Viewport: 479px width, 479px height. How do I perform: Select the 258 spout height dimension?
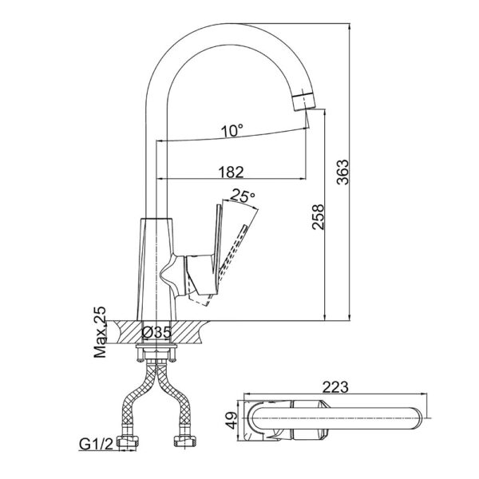click(317, 216)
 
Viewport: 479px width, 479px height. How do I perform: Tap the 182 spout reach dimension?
click(229, 171)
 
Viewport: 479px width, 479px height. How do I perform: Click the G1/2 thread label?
click(96, 443)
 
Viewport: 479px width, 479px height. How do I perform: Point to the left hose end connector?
click(127, 442)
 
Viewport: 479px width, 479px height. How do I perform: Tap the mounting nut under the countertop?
click(157, 350)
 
